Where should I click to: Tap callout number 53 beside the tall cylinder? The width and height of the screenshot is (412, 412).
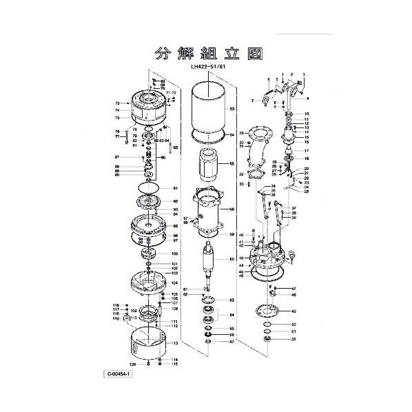pos(232,109)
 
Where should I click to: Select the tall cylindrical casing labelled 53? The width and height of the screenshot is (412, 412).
pos(207,110)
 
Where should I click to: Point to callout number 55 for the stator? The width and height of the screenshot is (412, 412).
pos(232,164)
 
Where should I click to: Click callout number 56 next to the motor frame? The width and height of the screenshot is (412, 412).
pos(232,209)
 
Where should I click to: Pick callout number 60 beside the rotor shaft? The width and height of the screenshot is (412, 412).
pos(232,259)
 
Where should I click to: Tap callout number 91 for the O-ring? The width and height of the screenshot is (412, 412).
pos(176,188)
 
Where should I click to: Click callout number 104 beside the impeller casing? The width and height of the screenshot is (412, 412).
pos(176,282)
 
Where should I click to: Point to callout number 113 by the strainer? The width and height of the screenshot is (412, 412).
pos(176,342)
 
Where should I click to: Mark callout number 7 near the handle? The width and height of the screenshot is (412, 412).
pos(253,101)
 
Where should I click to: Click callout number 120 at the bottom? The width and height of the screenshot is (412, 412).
pos(132,363)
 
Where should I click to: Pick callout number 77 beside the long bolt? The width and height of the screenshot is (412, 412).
pos(118,136)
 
